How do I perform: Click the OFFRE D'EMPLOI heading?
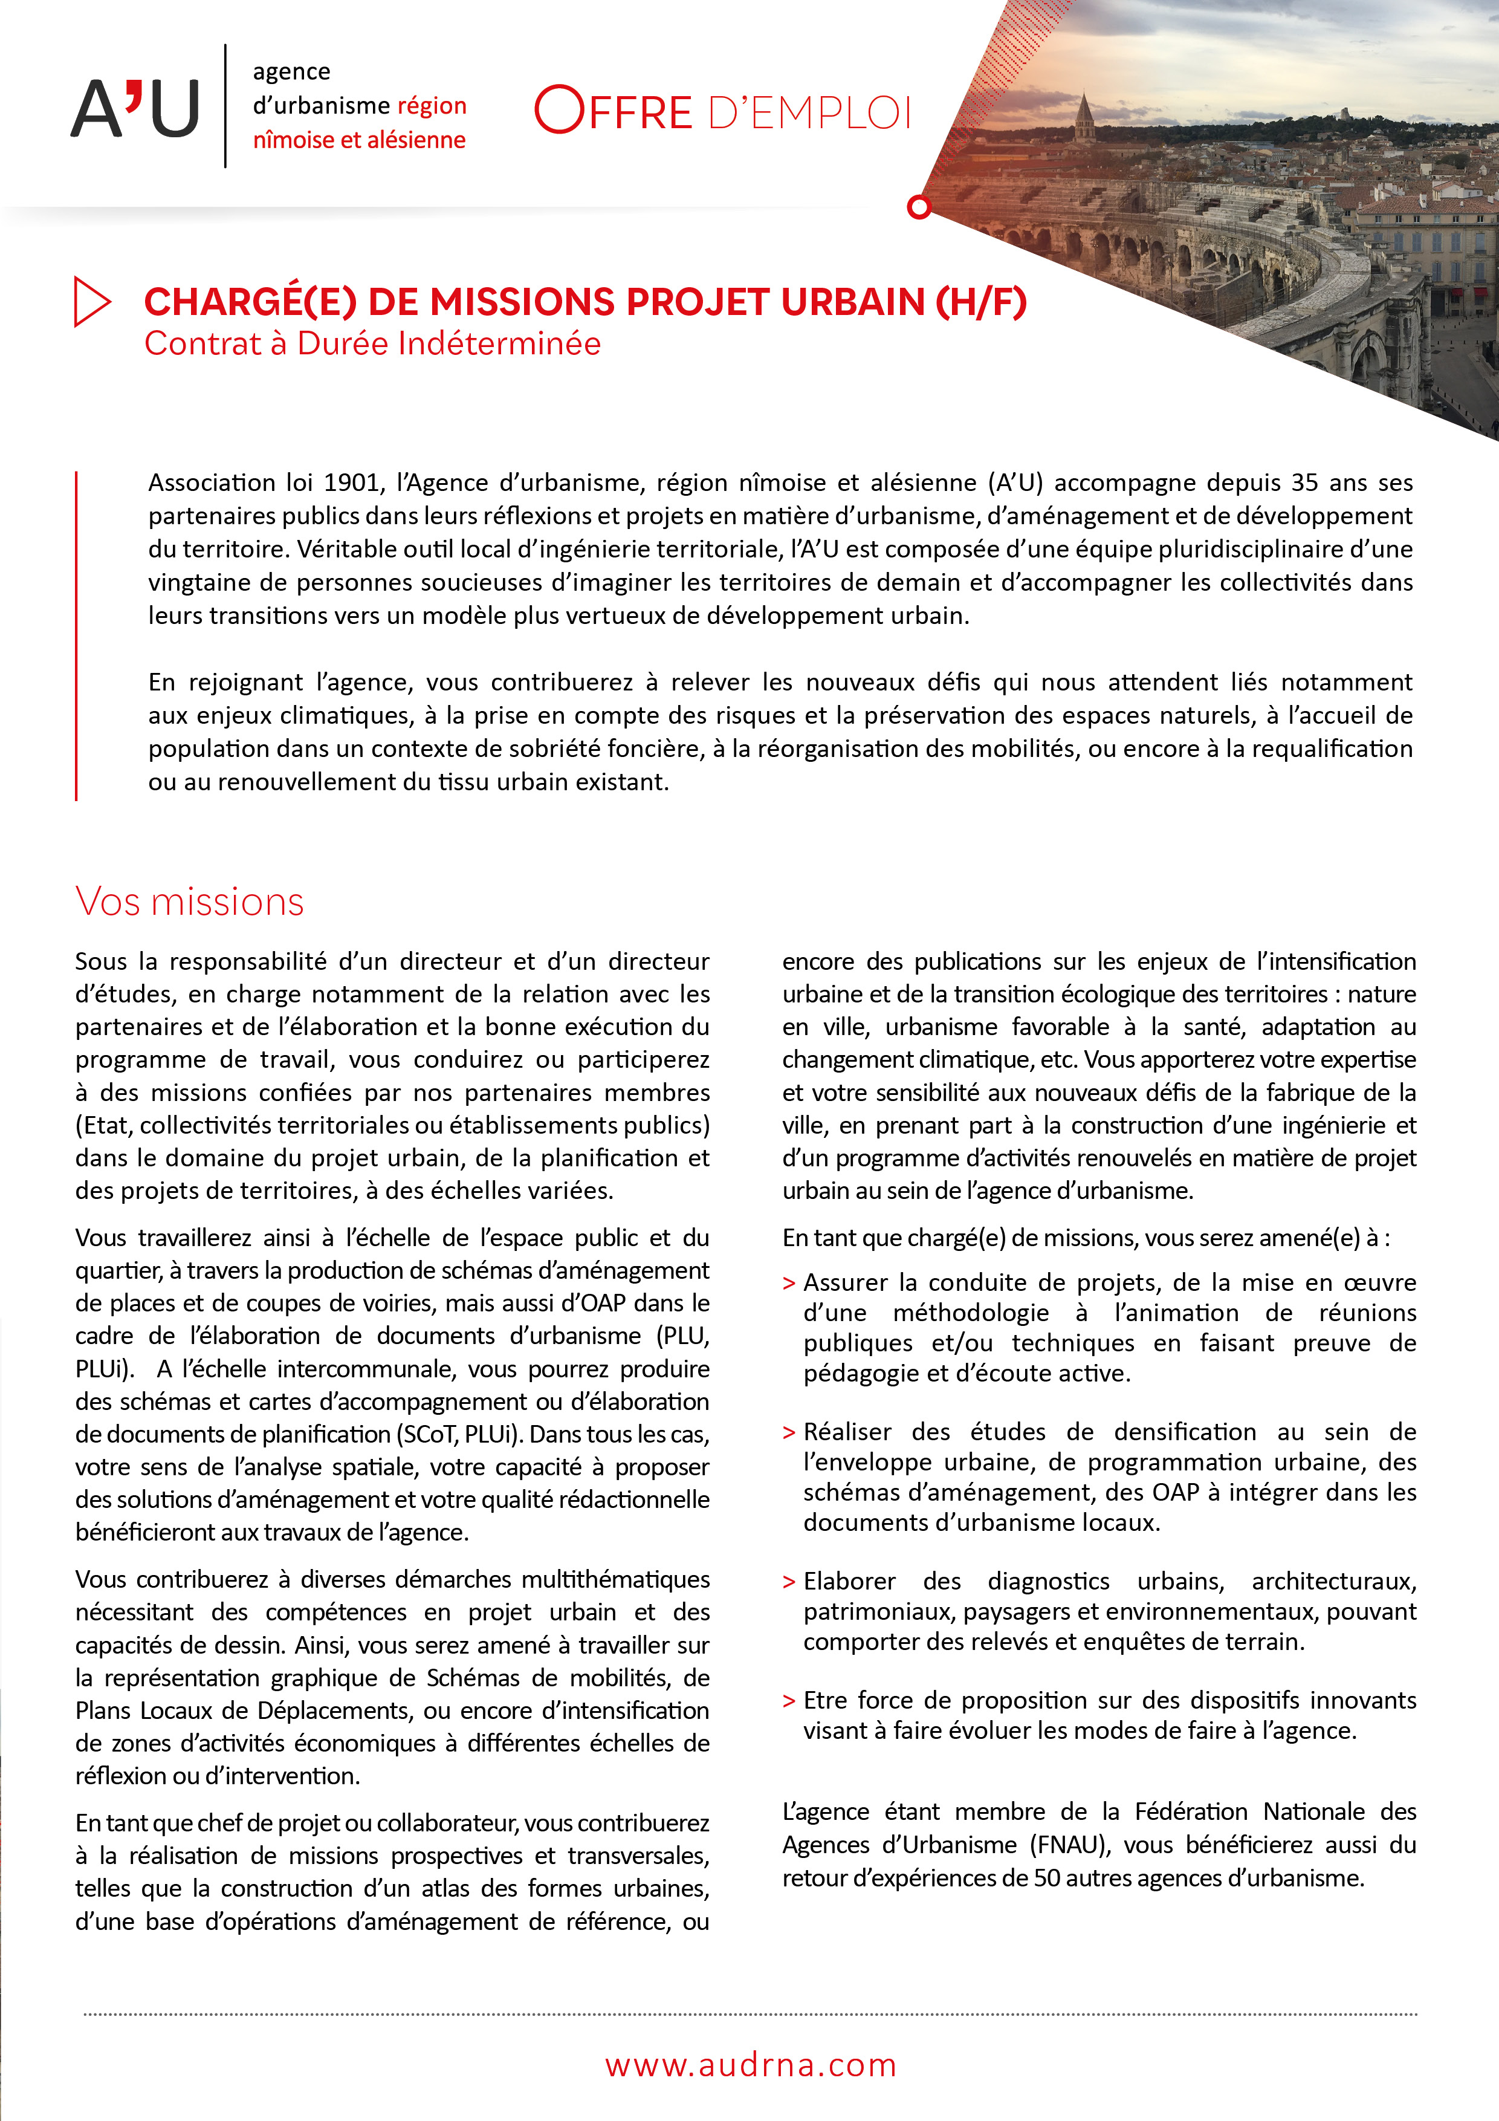(722, 111)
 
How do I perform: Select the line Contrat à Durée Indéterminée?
(372, 343)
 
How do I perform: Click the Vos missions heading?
(189, 901)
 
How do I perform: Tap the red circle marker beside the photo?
(919, 207)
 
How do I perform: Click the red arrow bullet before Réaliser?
(789, 1433)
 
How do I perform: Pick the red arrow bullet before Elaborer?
(789, 1582)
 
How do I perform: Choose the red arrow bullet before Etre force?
(789, 1701)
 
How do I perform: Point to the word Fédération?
(1191, 1811)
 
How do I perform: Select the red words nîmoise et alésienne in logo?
(359, 140)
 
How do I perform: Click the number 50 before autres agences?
(1047, 1878)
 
